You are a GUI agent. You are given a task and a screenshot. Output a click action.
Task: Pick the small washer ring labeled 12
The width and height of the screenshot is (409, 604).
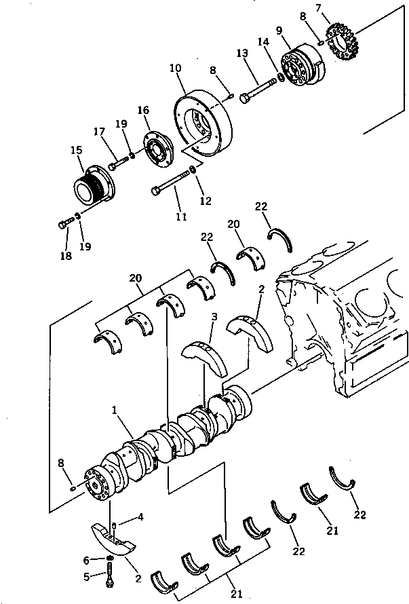(194, 169)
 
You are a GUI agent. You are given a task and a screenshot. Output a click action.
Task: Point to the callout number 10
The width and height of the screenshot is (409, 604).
(175, 69)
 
